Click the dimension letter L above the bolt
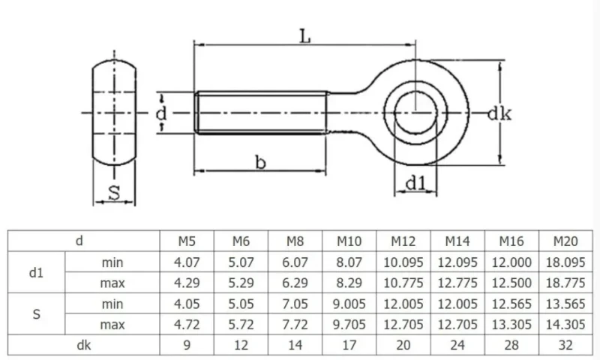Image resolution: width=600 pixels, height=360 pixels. (304, 36)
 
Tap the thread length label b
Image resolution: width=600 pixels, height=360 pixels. (260, 162)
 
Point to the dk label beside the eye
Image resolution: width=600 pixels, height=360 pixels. (499, 113)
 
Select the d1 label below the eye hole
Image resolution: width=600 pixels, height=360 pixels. (415, 183)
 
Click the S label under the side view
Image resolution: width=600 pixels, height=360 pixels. (114, 193)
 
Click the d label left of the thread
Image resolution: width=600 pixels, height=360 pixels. (161, 113)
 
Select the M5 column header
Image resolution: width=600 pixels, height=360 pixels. (187, 241)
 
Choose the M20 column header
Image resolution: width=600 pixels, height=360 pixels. (565, 241)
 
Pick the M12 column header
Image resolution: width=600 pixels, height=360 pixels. (403, 241)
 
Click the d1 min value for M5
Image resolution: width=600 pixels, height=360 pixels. (187, 262)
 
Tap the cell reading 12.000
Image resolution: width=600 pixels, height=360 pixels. (511, 262)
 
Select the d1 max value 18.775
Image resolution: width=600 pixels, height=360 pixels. (565, 283)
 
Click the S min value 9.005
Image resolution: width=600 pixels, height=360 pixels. (349, 304)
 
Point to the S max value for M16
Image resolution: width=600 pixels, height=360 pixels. (511, 325)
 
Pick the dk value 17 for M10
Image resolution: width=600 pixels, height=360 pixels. (349, 346)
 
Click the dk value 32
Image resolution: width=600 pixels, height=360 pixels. (565, 346)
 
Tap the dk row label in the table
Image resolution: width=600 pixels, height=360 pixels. (84, 346)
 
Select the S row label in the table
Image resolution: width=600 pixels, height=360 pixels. (36, 314)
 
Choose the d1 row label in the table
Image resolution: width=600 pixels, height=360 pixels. (36, 273)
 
